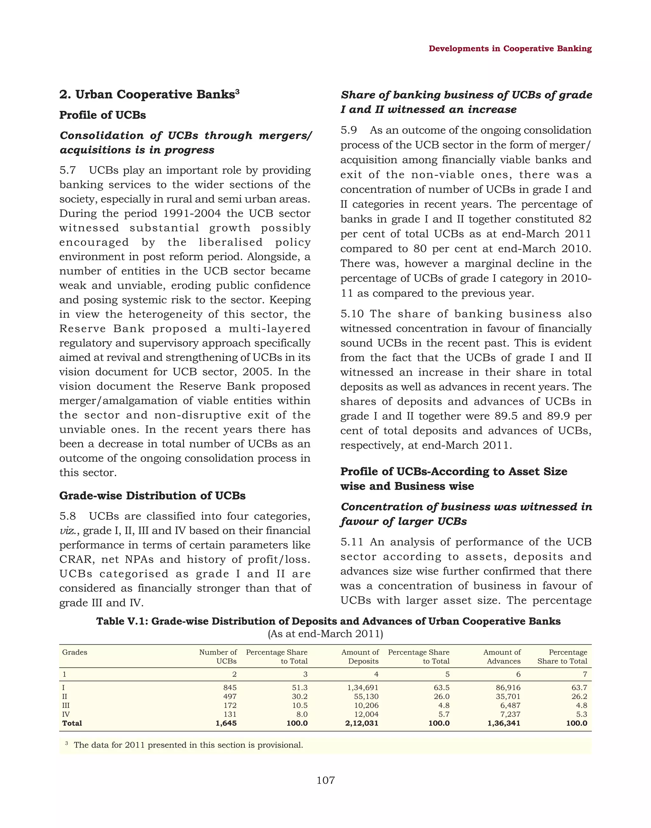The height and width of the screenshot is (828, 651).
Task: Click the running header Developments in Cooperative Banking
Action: pyautogui.click(x=510, y=49)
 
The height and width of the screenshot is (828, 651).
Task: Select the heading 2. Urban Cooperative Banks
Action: pyautogui.click(x=149, y=94)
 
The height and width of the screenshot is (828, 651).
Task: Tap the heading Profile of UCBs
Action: pyautogui.click(x=103, y=115)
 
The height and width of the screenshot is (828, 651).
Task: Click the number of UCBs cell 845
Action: pyautogui.click(x=230, y=688)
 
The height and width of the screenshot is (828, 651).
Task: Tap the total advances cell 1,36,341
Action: pyautogui.click(x=504, y=723)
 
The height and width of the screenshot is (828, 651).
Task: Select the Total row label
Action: pyautogui.click(x=72, y=723)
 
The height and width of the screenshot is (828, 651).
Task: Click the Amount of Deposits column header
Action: pyautogui.click(x=360, y=656)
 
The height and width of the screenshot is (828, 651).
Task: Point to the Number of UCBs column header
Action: pyautogui.click(x=218, y=656)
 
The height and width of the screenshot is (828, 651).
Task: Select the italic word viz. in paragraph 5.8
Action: pyautogui.click(x=67, y=531)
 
